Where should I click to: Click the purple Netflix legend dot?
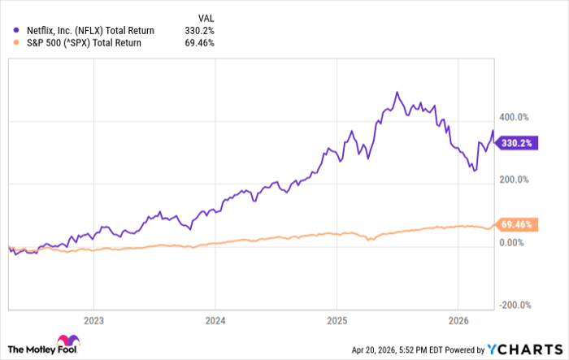pyautogui.click(x=16, y=30)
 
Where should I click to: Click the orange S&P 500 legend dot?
pyautogui.click(x=16, y=43)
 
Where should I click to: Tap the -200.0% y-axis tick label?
pyautogui.click(x=515, y=305)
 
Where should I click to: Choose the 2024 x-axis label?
pyautogui.click(x=215, y=319)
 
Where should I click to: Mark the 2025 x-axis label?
pyautogui.click(x=337, y=319)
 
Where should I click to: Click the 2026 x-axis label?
pyautogui.click(x=459, y=319)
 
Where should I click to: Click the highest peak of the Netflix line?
pyautogui.click(x=396, y=93)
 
